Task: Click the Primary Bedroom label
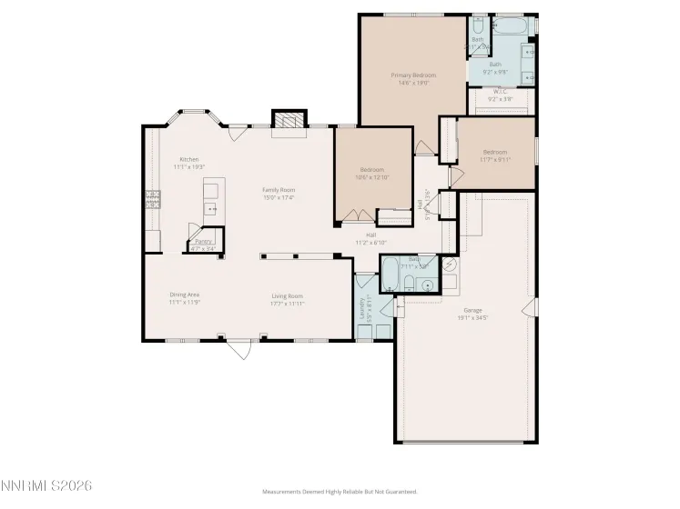tap(413, 75)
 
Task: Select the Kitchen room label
tap(188, 159)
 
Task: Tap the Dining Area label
tap(184, 294)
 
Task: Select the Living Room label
tap(287, 295)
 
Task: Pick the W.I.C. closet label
tap(501, 91)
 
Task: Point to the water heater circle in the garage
tap(450, 265)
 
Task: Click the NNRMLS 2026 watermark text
tap(46, 486)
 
